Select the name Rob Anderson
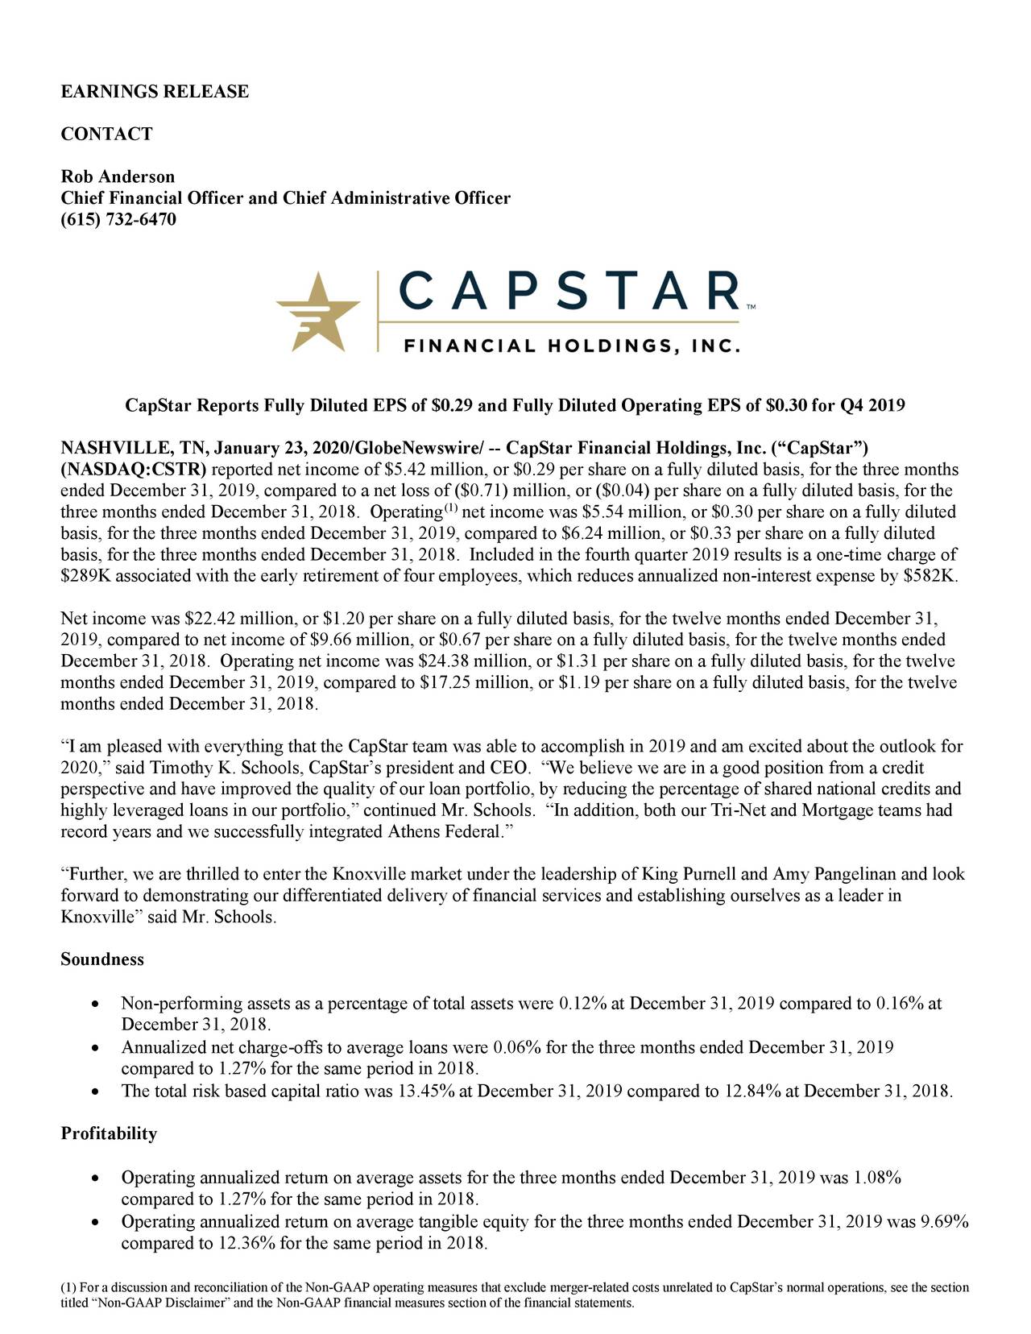118,176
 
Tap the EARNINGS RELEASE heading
155,91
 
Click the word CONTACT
106,134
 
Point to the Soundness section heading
102,960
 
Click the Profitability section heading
109,1134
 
